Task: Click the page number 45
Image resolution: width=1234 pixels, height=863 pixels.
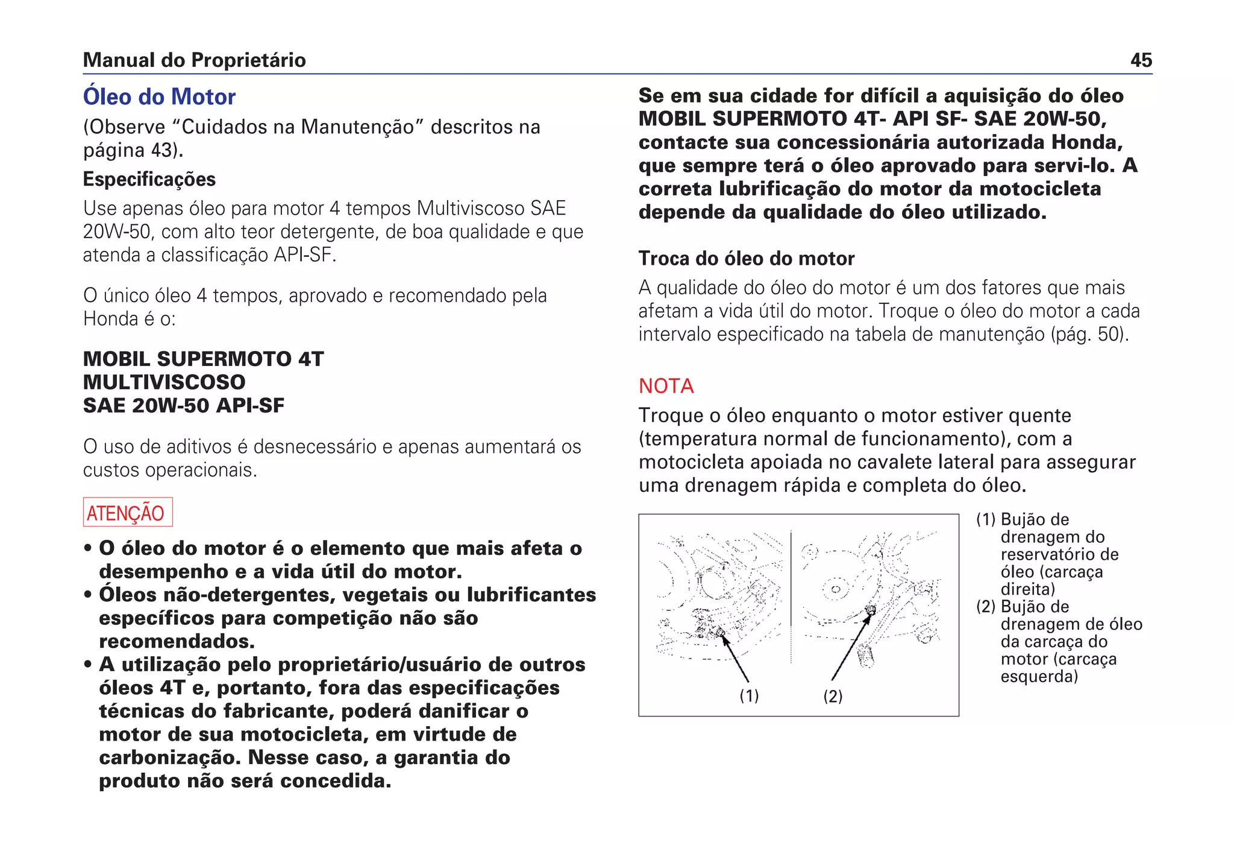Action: pos(1141,60)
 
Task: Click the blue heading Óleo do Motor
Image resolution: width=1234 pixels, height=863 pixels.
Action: pos(159,97)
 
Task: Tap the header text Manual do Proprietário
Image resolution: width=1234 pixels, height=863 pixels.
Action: pos(194,60)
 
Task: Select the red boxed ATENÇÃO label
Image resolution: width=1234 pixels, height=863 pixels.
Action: pos(127,513)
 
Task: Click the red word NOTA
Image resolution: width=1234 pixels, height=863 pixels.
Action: pos(666,386)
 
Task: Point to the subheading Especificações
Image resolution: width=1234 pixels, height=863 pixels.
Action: pos(149,180)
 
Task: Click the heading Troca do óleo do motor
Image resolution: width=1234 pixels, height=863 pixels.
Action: pos(747,259)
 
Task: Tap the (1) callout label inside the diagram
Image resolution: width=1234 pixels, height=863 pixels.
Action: pos(749,696)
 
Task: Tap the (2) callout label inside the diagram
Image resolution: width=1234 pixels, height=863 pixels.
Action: pos(833,697)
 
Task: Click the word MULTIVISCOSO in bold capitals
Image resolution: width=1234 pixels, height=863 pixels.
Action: pos(164,382)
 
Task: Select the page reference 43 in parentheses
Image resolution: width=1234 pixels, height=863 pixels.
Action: pos(161,150)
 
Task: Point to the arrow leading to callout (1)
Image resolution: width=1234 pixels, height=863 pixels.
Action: pos(736,659)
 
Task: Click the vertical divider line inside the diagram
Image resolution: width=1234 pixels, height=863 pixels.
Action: pos(791,597)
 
